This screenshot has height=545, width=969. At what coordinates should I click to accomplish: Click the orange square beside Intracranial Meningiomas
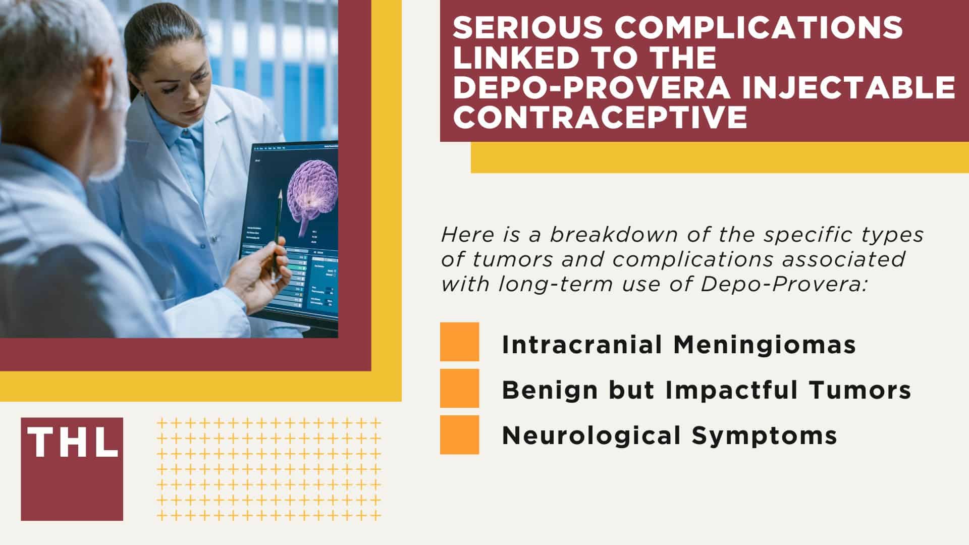click(x=459, y=342)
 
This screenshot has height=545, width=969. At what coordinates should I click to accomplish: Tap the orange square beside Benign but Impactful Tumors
click(x=459, y=388)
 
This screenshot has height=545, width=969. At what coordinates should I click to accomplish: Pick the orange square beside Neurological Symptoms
click(x=459, y=434)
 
